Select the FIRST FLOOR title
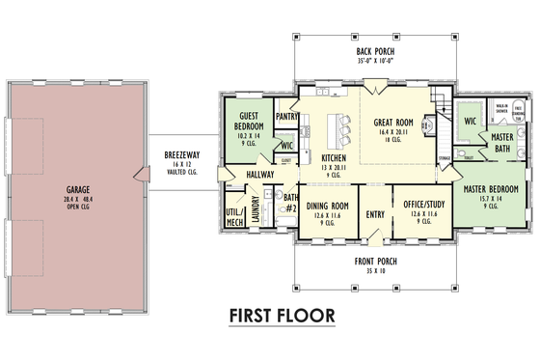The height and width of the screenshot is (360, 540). point(282,316)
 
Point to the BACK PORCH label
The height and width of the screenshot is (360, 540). point(375,51)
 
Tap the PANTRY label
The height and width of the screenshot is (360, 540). point(287,116)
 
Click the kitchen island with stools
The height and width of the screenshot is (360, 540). point(337,126)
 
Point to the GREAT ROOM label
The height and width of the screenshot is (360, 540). point(393,123)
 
